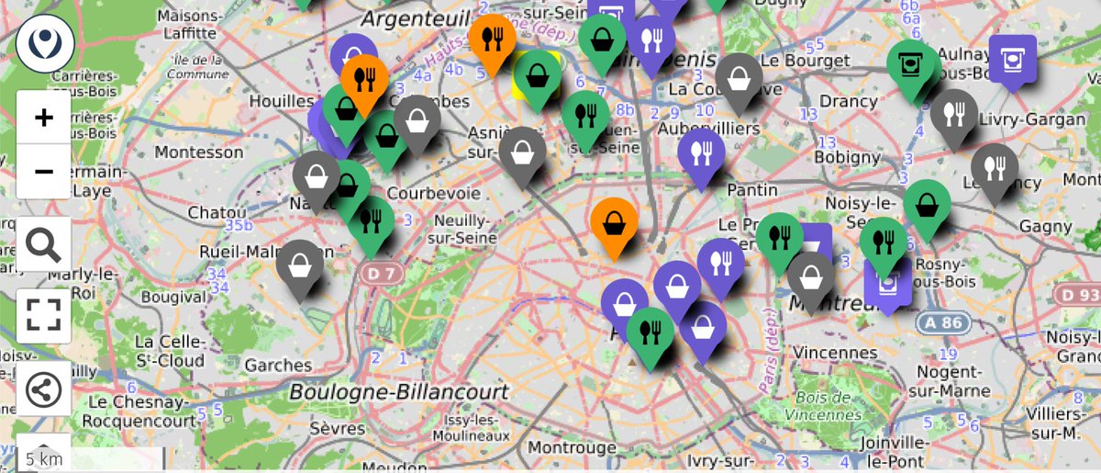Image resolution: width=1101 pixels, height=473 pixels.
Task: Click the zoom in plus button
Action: click(43, 118)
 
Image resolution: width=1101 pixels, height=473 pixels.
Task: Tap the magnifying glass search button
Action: click(43, 244)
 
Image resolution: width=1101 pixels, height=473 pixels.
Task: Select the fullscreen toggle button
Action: click(43, 315)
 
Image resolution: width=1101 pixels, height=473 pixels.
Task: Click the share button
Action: click(43, 389)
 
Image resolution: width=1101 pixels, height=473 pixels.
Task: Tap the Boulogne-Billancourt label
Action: click(398, 392)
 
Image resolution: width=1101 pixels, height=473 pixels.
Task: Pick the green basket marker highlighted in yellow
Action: click(537, 75)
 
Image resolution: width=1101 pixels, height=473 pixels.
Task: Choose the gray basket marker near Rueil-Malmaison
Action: click(300, 265)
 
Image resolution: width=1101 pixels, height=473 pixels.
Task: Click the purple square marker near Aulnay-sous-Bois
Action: click(1012, 60)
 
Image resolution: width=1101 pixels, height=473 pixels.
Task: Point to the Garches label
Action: click(278, 365)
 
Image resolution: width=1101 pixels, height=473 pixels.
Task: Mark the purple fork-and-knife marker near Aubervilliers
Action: click(702, 152)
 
